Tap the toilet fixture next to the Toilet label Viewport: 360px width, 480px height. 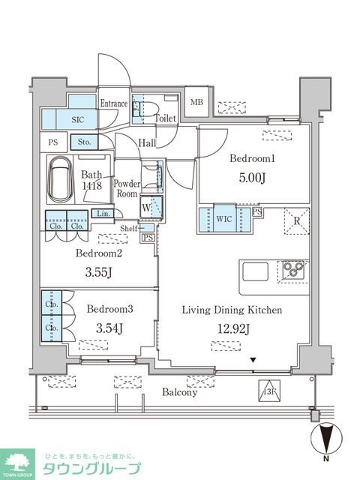point(139,110)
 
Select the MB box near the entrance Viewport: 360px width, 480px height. point(196,103)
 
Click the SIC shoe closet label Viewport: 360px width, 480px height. point(79,118)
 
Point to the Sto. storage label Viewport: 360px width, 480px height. point(82,141)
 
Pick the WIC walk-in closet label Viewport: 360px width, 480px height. point(223,218)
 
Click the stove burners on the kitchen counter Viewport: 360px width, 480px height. point(292,269)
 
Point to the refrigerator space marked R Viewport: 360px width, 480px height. point(296,220)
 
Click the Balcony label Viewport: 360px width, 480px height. point(179,391)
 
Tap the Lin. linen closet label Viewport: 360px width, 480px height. point(101,214)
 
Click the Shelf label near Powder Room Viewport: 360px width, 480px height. point(128,229)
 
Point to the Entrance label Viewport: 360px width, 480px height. point(115,103)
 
